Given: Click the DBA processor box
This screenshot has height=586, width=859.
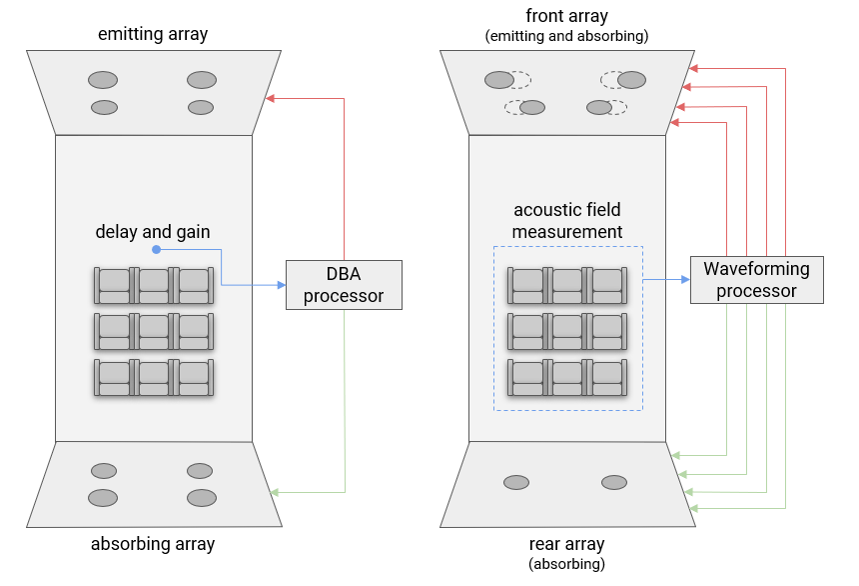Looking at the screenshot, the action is [x=344, y=285].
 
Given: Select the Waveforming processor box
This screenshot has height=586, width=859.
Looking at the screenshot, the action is [x=756, y=280].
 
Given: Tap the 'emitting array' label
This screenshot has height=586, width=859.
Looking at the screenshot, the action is [x=153, y=34].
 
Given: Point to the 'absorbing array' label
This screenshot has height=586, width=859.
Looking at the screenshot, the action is [x=153, y=544].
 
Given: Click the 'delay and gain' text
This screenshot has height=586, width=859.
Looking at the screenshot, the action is [x=153, y=232].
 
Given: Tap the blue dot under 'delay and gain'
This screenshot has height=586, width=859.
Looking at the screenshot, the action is [x=156, y=250].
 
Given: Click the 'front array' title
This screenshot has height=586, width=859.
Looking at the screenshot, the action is [x=567, y=16].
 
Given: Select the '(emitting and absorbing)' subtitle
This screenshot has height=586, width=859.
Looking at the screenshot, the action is [x=567, y=36].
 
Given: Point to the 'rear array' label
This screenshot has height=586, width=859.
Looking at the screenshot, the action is [x=567, y=544].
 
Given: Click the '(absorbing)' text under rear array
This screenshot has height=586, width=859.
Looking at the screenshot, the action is [x=567, y=564].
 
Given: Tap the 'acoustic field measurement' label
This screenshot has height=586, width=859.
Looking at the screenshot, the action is [x=567, y=221].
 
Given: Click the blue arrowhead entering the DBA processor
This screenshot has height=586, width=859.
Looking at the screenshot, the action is [x=282, y=285].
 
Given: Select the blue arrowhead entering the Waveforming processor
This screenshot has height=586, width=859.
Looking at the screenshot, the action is [x=685, y=280].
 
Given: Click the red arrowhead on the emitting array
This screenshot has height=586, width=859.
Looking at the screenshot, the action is [x=270, y=99].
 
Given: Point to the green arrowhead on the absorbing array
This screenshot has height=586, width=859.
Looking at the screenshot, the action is [x=275, y=492].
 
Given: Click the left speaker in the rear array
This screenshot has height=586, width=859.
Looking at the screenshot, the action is [x=516, y=482].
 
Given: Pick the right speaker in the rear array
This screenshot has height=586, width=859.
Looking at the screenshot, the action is [x=614, y=482].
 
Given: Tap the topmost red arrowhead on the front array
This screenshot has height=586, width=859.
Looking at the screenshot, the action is [x=693, y=69].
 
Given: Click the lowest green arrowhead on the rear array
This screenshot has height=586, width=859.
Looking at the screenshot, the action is [x=693, y=509].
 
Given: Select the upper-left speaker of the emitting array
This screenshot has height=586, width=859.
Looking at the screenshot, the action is [x=103, y=80].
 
